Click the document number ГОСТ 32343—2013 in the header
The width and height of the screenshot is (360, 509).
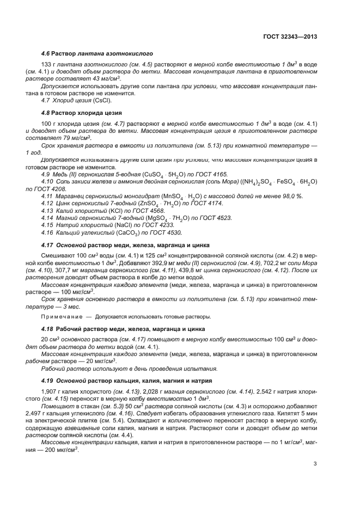289,37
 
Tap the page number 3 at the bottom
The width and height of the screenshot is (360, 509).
315,464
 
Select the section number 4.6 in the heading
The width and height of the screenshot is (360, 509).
46,53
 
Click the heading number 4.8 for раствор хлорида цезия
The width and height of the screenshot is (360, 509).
46,112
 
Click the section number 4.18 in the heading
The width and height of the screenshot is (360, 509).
47,328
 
